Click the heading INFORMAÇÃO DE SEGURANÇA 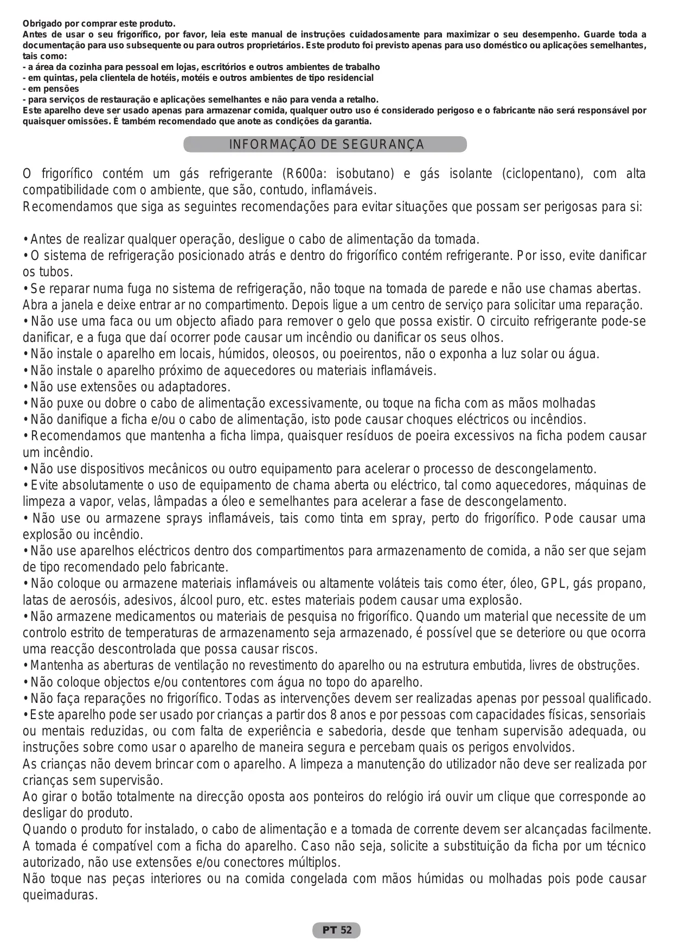click(x=326, y=145)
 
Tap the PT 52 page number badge click(x=336, y=930)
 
